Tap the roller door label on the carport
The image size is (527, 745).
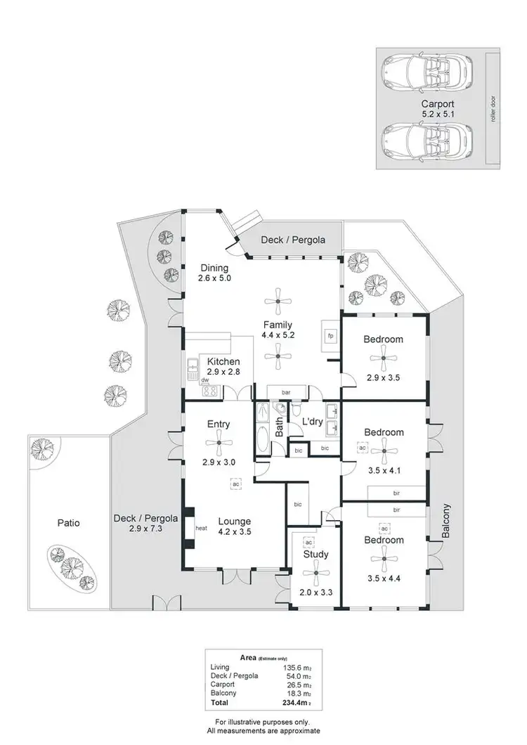point(494,108)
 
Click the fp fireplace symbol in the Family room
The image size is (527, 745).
point(329,335)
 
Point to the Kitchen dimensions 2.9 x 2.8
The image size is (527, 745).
point(223,372)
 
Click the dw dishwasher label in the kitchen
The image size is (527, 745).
point(205,380)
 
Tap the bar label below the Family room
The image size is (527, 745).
point(286,392)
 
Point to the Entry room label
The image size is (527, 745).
point(219,425)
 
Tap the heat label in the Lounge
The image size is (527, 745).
point(201,529)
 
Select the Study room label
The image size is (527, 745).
point(315,555)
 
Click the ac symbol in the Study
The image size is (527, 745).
point(308,543)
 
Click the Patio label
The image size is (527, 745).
point(68,523)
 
